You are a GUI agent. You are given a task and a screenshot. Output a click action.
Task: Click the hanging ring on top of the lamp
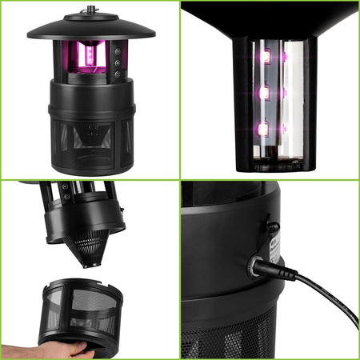pyautogui.click(x=90, y=14)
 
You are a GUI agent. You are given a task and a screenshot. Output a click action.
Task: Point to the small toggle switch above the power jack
pyautogui.click(x=273, y=228)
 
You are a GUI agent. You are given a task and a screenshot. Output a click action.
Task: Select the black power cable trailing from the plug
pyautogui.click(x=324, y=300)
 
